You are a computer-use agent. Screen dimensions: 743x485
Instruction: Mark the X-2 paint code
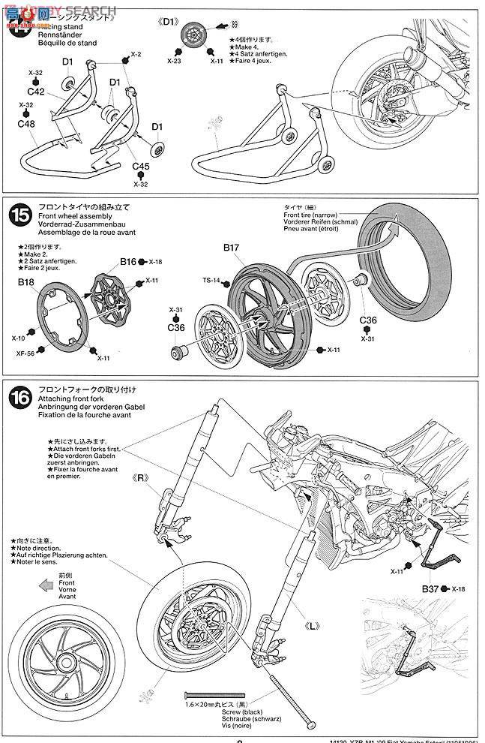coord(136,55)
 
